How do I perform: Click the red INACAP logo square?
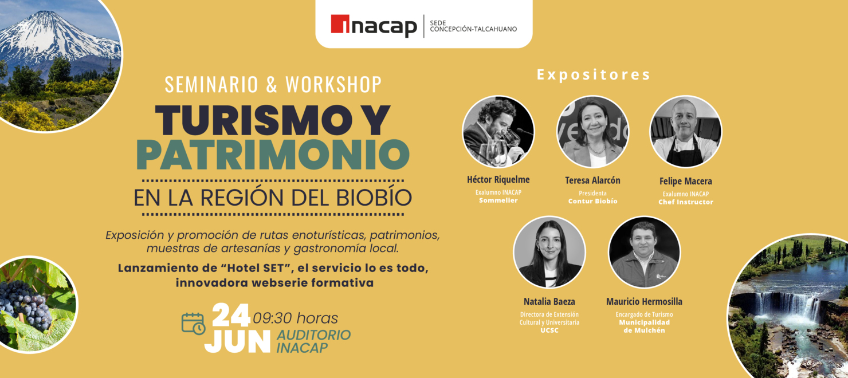[x=340, y=24]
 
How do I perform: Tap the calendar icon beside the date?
[x=193, y=324]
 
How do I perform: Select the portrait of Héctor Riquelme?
[x=498, y=132]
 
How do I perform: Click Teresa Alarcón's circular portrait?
[x=592, y=132]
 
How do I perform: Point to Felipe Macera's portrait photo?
[x=685, y=132]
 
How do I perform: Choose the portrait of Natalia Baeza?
[x=549, y=252]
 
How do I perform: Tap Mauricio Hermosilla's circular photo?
[x=644, y=252]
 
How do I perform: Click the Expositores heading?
[x=594, y=75]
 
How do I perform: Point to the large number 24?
[x=231, y=316]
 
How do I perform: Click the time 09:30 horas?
[x=295, y=318]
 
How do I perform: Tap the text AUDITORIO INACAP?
[x=313, y=341]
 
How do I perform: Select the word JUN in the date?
[x=237, y=341]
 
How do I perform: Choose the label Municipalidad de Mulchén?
[x=644, y=326]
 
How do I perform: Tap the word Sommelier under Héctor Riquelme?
[x=498, y=200]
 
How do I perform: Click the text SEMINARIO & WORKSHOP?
[x=273, y=84]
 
